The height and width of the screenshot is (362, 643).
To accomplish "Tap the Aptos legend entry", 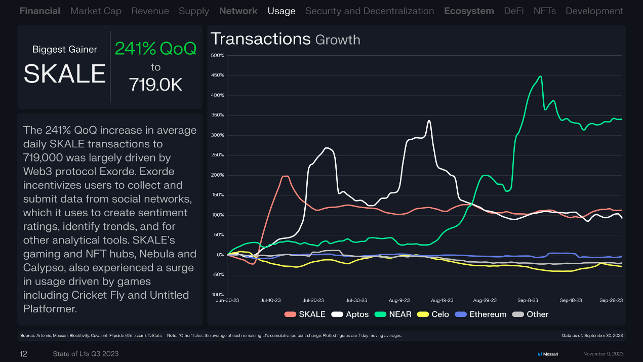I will pyautogui.click(x=350, y=314).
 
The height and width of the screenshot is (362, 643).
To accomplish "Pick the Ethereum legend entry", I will pyautogui.click(x=481, y=314).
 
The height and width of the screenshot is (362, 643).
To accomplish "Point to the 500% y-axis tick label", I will pyautogui.click(x=217, y=55).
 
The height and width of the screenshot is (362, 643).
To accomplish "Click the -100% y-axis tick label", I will pyautogui.click(x=217, y=295).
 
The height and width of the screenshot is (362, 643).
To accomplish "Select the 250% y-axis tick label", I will pyautogui.click(x=217, y=155).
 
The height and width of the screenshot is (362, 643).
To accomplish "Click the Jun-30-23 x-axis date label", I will pyautogui.click(x=228, y=300).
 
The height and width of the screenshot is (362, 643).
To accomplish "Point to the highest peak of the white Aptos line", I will pyautogui.click(x=429, y=120).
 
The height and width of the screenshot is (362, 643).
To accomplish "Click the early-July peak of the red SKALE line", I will pyautogui.click(x=285, y=176).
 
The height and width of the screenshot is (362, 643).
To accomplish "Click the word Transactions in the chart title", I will pyautogui.click(x=260, y=39).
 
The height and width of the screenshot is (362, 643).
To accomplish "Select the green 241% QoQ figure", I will pyautogui.click(x=155, y=49).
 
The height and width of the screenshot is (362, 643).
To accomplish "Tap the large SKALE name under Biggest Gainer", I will pyautogui.click(x=64, y=74).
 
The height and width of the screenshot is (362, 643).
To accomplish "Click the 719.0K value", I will pyautogui.click(x=155, y=85).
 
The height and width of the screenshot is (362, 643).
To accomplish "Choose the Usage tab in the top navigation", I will pyautogui.click(x=282, y=11).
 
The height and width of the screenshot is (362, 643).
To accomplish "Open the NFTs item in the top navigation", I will pyautogui.click(x=544, y=11).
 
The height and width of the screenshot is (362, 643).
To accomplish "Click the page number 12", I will pyautogui.click(x=23, y=353).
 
